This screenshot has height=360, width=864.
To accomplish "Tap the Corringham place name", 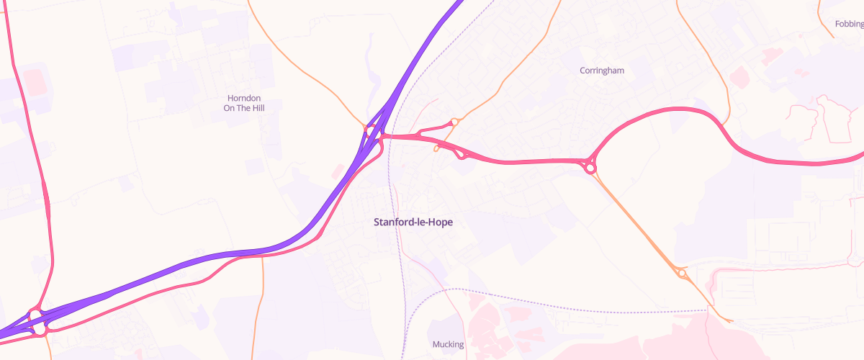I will point(602,71).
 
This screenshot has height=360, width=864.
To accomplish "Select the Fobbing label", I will point(849,24).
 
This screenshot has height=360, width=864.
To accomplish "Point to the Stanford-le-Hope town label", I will point(413,222).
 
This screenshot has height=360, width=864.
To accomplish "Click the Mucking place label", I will point(448,345).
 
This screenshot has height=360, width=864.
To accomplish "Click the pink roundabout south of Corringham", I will point(590,168).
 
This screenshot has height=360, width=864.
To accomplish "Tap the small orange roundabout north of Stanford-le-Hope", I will point(454,122).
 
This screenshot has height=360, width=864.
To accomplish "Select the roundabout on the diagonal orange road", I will point(681,273).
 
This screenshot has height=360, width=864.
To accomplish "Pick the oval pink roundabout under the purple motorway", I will point(35,316).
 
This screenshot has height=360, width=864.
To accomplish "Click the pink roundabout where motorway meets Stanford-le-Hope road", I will point(372,132).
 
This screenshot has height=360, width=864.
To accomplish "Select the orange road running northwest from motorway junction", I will point(302,72).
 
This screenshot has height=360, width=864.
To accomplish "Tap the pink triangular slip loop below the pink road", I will point(462,153).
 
